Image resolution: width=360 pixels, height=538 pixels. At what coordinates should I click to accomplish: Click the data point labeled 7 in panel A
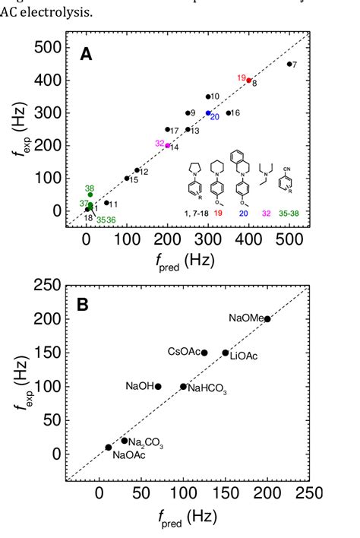coord(289,65)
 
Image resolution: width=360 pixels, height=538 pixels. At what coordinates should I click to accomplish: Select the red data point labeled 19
coord(248,81)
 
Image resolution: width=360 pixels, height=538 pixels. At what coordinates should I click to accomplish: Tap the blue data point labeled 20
coord(208,113)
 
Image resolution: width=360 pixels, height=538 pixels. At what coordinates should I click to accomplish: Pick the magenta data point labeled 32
coord(168,145)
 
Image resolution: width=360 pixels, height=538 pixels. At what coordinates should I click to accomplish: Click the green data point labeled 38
coord(90,195)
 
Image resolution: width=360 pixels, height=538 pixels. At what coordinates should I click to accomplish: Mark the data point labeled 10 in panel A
coord(208,97)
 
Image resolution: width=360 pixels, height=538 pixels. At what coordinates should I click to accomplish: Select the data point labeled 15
coord(127,179)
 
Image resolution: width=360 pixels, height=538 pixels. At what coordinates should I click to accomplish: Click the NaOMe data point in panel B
coord(267,319)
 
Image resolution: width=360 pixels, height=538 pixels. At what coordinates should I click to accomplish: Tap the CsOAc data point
coord(204,353)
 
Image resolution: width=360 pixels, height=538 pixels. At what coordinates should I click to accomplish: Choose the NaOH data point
coord(158,386)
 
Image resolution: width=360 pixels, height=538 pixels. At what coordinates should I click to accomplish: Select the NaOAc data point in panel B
coord(108,448)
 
